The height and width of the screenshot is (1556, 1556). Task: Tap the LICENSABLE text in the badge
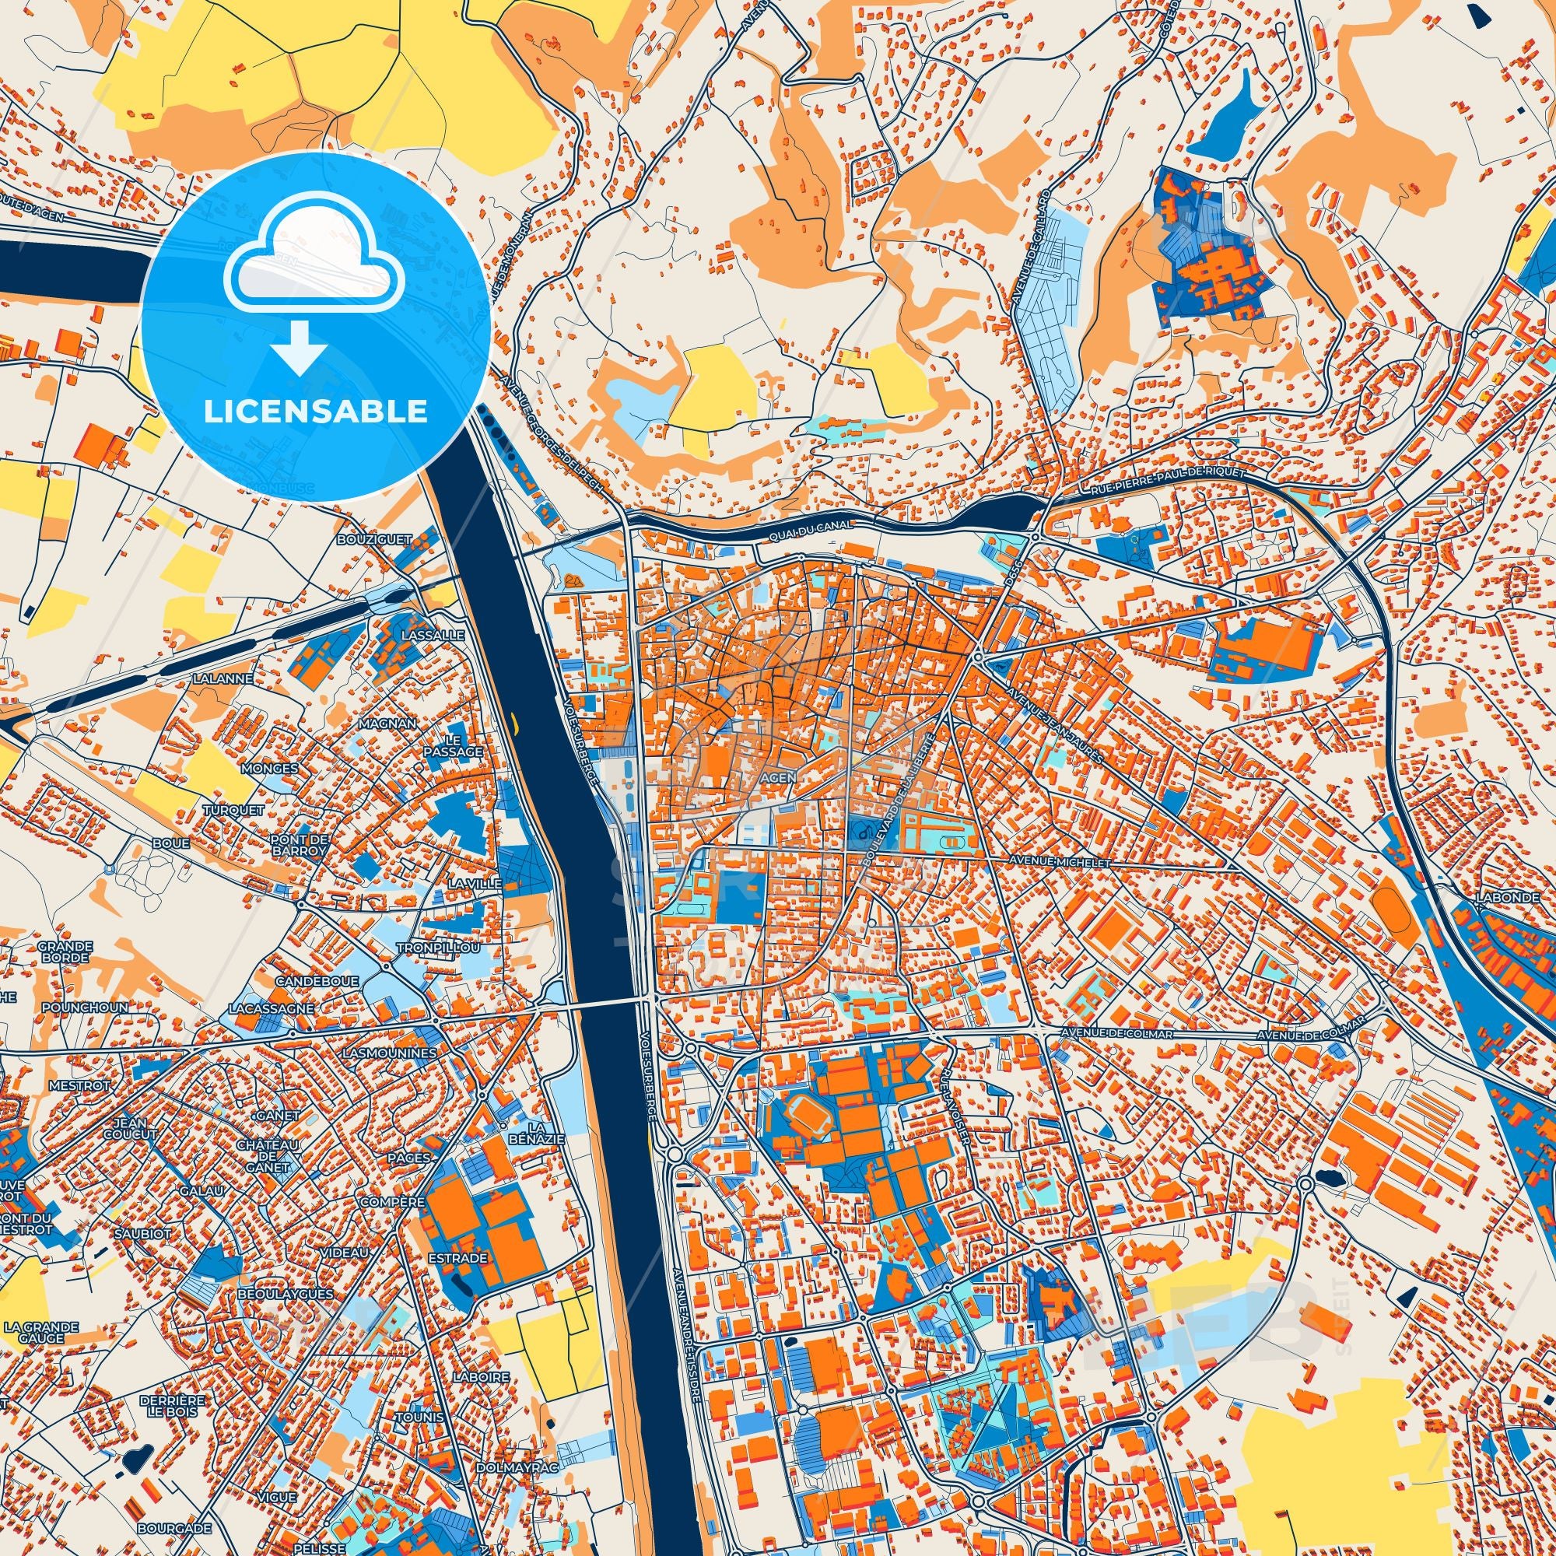click(315, 412)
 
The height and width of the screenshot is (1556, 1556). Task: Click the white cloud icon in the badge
click(315, 268)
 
